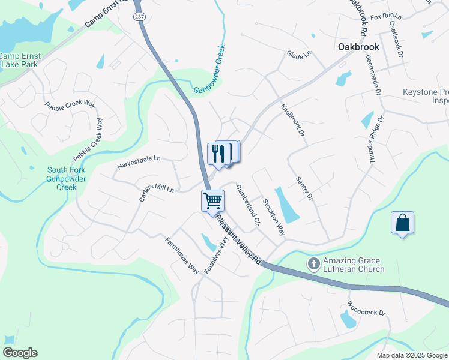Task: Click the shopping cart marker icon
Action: tap(213, 200)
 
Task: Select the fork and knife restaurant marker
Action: tap(218, 153)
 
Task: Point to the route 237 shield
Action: tap(139, 16)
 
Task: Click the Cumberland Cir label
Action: tap(247, 205)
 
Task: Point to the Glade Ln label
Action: tap(299, 54)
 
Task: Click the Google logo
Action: tap(20, 353)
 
